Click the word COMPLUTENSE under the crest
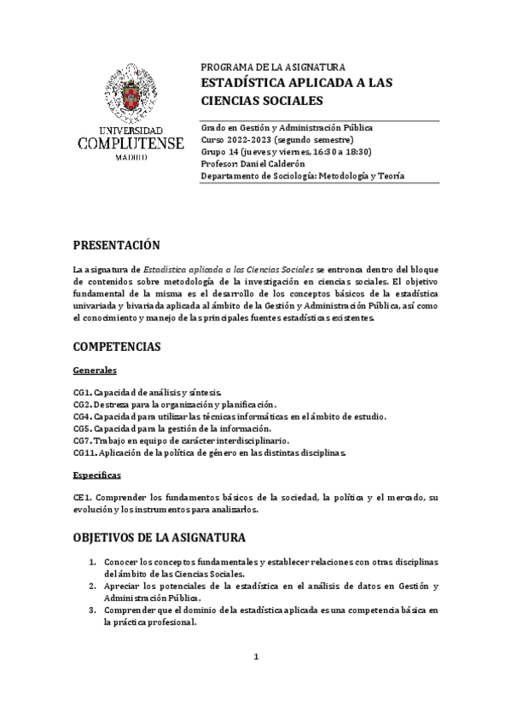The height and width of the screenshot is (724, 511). pos(130,143)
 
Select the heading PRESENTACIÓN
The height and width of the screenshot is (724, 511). pos(117,245)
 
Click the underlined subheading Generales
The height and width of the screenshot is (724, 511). pos(96,370)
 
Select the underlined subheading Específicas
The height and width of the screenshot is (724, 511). pos(97,474)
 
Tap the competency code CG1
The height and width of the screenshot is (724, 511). pos(83,391)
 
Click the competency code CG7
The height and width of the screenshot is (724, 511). pos(83,440)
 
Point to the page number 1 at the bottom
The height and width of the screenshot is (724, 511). pos(255,656)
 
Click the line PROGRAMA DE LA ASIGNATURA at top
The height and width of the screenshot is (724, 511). pos(272,67)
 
